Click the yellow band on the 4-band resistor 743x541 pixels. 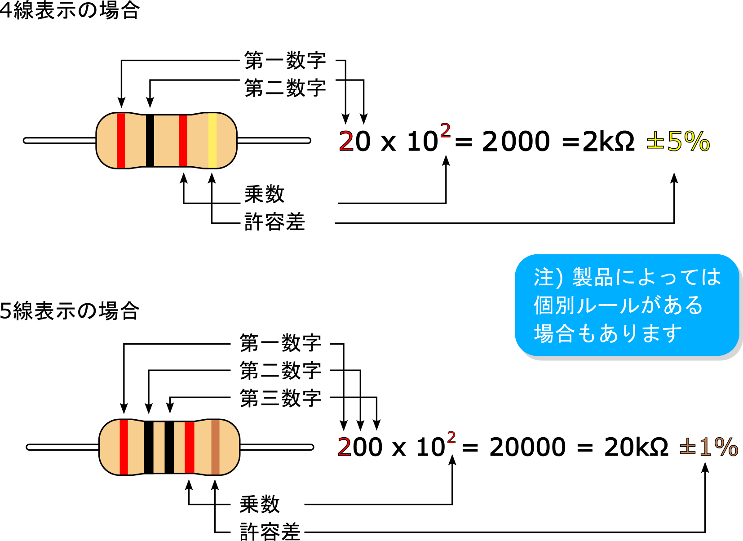click(x=212, y=141)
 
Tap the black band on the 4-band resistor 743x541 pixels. click(x=150, y=141)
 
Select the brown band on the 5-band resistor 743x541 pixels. click(x=215, y=447)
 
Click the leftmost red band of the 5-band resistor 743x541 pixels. click(x=124, y=447)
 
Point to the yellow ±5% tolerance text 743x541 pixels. click(x=678, y=142)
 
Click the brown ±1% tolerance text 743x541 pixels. click(x=708, y=448)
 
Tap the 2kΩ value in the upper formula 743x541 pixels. click(x=608, y=142)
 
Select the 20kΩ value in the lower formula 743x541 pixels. click(x=636, y=448)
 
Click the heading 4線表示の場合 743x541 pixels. click(x=70, y=10)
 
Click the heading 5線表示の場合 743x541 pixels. click(x=70, y=310)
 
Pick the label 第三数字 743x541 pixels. click(x=280, y=398)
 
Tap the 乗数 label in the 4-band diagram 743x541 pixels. click(x=264, y=195)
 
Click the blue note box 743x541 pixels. click(x=627, y=305)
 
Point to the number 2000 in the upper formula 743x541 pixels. click(x=515, y=142)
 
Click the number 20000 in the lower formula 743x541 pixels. click(x=527, y=448)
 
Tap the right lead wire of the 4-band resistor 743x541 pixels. click(x=274, y=141)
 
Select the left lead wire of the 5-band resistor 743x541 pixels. click(x=62, y=447)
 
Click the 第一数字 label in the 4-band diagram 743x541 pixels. click(x=285, y=60)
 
